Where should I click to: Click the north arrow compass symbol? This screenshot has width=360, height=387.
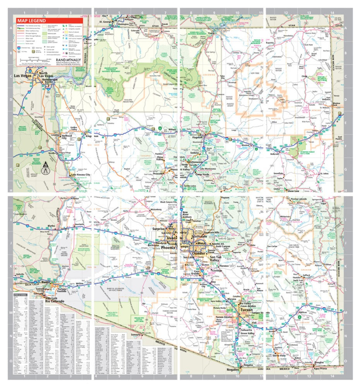coord(46,168)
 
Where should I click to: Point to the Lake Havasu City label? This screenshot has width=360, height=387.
coord(81,175)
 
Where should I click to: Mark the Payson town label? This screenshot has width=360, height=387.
coord(225,197)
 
